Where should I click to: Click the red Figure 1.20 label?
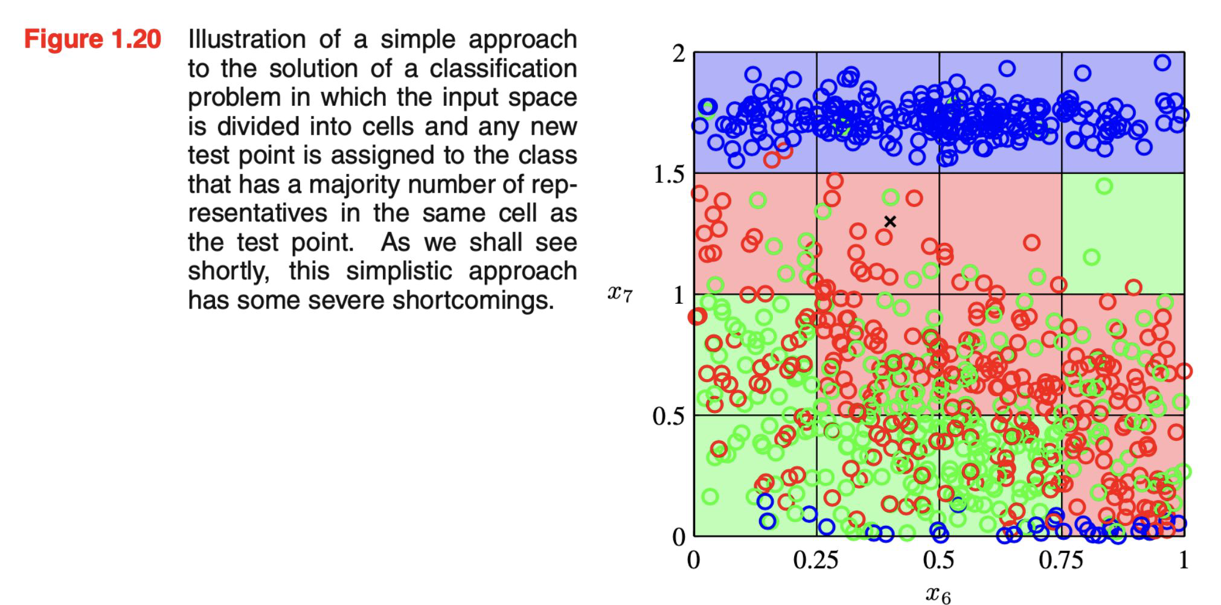tap(92, 40)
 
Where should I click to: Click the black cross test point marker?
tap(889, 222)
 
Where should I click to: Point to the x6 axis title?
tap(938, 594)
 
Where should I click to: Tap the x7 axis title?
tap(620, 293)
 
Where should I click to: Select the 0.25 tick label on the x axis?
tap(816, 561)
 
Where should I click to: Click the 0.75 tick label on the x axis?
tap(1061, 561)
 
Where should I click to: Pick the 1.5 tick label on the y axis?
tap(669, 174)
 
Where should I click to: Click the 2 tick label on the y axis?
tap(679, 54)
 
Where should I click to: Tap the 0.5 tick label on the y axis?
tap(669, 416)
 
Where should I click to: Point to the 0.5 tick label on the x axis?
tap(938, 561)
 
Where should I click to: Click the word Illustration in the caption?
tap(246, 40)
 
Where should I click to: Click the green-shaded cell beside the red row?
tap(1123, 234)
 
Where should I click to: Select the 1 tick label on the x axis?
tap(1184, 561)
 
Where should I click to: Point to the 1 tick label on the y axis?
tap(679, 295)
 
